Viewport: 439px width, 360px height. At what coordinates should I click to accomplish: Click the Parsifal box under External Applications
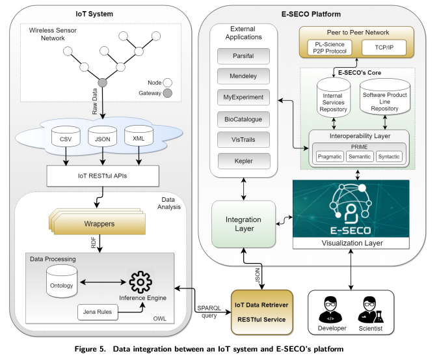pyautogui.click(x=243, y=56)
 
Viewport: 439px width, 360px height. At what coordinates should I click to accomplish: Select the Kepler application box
pyautogui.click(x=244, y=161)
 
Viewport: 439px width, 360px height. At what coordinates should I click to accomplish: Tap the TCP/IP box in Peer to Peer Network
pyautogui.click(x=384, y=48)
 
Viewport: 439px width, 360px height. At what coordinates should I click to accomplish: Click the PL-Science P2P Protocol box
pyautogui.click(x=330, y=48)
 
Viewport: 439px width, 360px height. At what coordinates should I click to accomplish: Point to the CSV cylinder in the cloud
pyautogui.click(x=66, y=136)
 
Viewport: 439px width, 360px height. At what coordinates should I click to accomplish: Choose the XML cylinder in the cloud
pyautogui.click(x=139, y=135)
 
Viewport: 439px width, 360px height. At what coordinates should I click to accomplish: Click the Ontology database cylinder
pyautogui.click(x=62, y=281)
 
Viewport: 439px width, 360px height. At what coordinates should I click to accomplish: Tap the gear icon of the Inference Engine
pyautogui.click(x=140, y=282)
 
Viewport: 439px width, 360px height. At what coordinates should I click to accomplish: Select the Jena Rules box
pyautogui.click(x=98, y=312)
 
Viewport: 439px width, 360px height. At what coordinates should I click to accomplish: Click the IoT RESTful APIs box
pyautogui.click(x=103, y=176)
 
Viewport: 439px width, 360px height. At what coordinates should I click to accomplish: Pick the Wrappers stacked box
pyautogui.click(x=98, y=221)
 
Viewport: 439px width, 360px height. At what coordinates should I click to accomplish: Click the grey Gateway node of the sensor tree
pyautogui.click(x=102, y=83)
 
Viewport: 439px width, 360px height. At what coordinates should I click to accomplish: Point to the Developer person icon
pyautogui.click(x=330, y=309)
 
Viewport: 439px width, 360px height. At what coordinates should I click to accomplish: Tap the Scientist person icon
pyautogui.click(x=370, y=309)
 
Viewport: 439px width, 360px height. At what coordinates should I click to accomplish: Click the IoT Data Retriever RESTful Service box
pyautogui.click(x=262, y=312)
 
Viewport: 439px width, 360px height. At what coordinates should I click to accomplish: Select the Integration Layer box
pyautogui.click(x=244, y=224)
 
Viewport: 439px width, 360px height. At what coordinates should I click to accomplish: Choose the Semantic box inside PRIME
pyautogui.click(x=360, y=157)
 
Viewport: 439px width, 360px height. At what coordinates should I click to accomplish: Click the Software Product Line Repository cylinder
pyautogui.click(x=384, y=97)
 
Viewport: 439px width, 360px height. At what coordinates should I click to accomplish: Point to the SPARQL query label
pyautogui.click(x=209, y=312)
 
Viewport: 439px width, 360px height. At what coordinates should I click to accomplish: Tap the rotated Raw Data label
pyautogui.click(x=95, y=102)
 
